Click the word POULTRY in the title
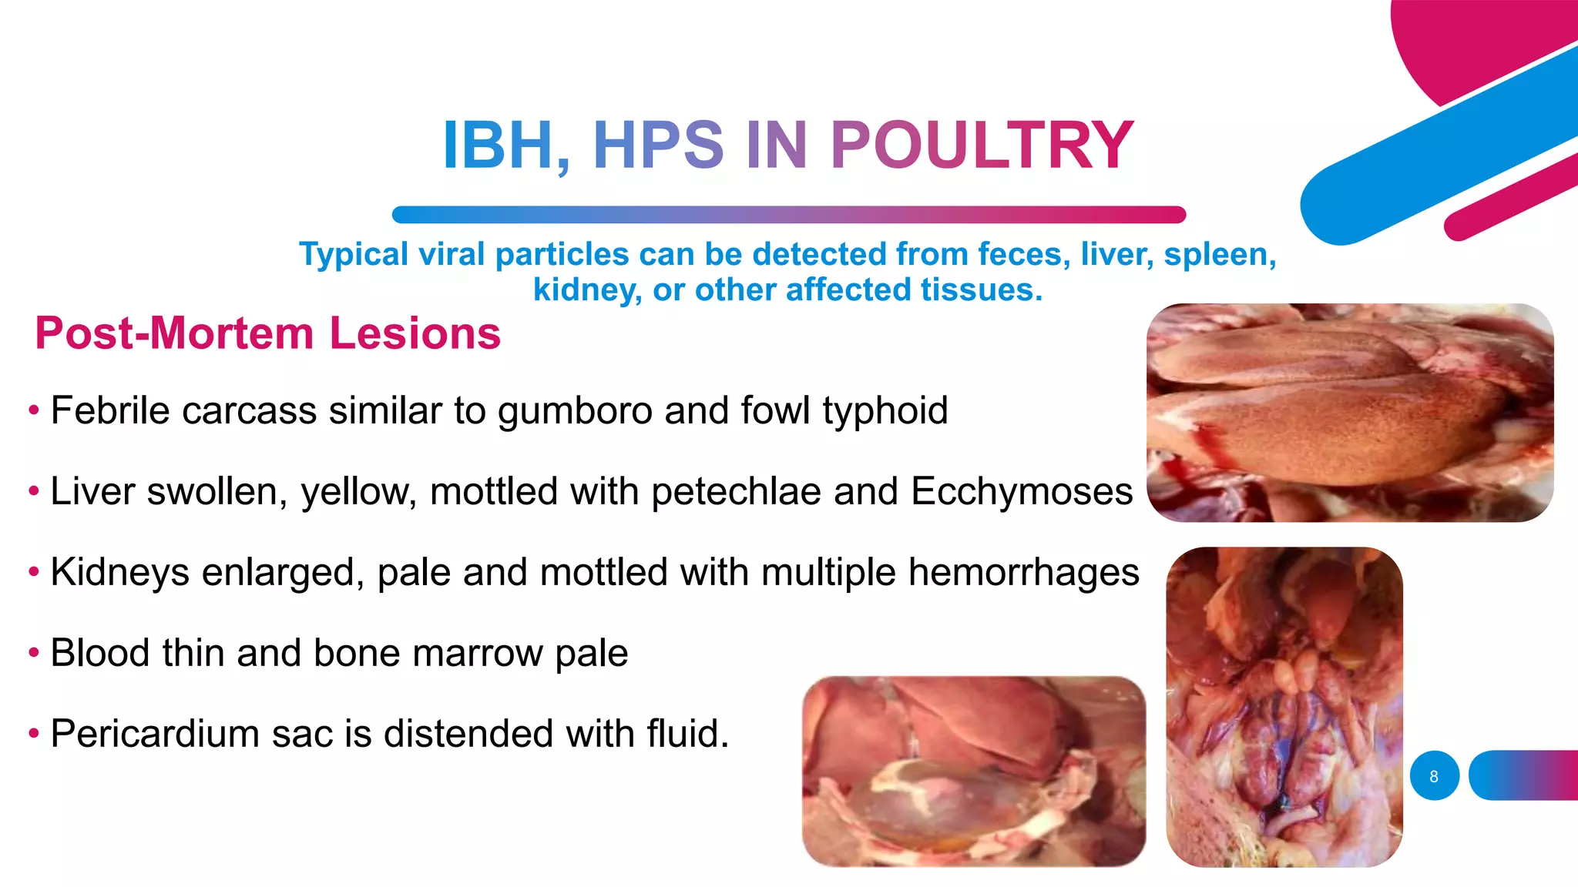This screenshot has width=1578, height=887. coord(981,146)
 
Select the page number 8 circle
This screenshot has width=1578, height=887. coord(1434,775)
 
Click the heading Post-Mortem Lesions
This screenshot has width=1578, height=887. coord(267,333)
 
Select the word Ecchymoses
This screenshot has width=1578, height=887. coord(1022,491)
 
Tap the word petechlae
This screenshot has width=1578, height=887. coord(735,491)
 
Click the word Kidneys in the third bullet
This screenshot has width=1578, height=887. coord(119,572)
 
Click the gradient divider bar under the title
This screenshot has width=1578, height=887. coord(788,215)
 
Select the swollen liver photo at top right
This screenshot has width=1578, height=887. coord(1349,413)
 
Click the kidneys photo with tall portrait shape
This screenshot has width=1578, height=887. coord(1284,707)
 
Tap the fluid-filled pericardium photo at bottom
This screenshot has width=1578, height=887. coord(973,772)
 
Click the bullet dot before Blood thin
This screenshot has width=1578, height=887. coord(33,653)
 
